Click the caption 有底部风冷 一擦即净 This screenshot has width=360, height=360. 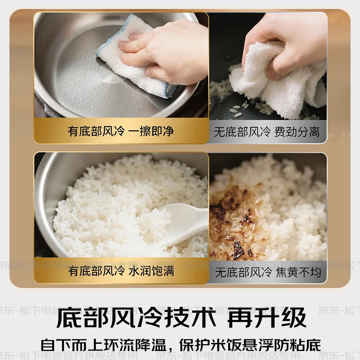tap(121, 131)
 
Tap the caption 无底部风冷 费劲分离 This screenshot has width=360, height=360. tap(267, 132)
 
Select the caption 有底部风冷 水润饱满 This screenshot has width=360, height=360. tap(121, 271)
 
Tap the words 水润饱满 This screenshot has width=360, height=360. tap(150, 271)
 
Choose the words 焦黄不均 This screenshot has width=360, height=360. tap(297, 272)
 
